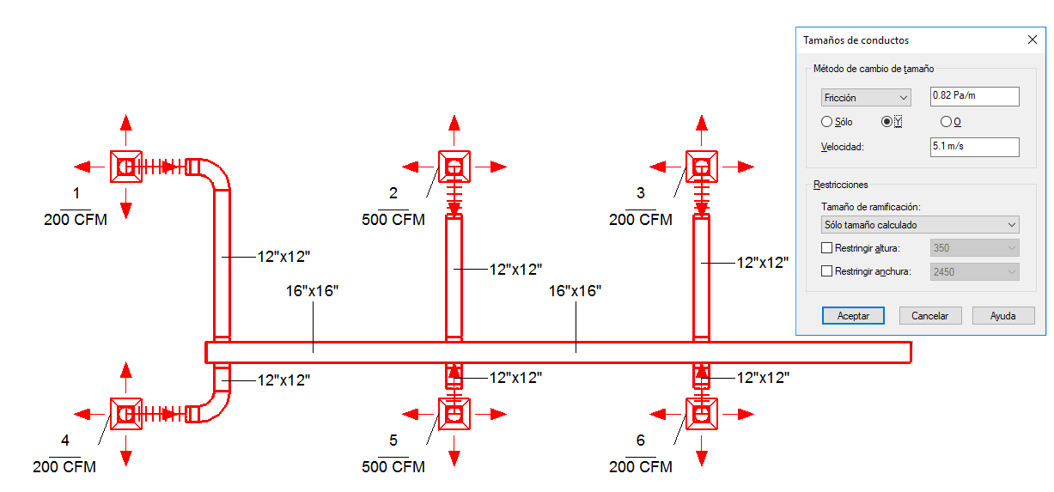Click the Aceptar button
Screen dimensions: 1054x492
(853, 316)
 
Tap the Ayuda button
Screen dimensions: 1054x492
(1003, 316)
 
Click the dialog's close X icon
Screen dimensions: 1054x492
(1033, 40)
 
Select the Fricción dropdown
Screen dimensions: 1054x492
(866, 97)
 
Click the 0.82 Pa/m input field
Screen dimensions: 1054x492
(974, 96)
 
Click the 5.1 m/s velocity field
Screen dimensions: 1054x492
(974, 147)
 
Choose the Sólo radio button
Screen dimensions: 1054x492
(826, 122)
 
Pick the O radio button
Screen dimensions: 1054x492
(946, 122)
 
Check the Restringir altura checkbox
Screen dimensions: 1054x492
(826, 248)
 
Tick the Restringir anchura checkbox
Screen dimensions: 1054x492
(826, 271)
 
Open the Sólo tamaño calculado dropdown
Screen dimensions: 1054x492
(920, 225)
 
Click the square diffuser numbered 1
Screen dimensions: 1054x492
(125, 167)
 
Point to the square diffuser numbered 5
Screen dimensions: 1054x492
(454, 414)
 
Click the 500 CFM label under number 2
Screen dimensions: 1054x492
(393, 220)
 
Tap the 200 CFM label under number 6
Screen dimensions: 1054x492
(641, 467)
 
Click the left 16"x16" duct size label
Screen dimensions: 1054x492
(312, 291)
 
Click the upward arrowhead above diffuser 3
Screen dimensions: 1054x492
(702, 124)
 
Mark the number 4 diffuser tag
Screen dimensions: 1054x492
(65, 440)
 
